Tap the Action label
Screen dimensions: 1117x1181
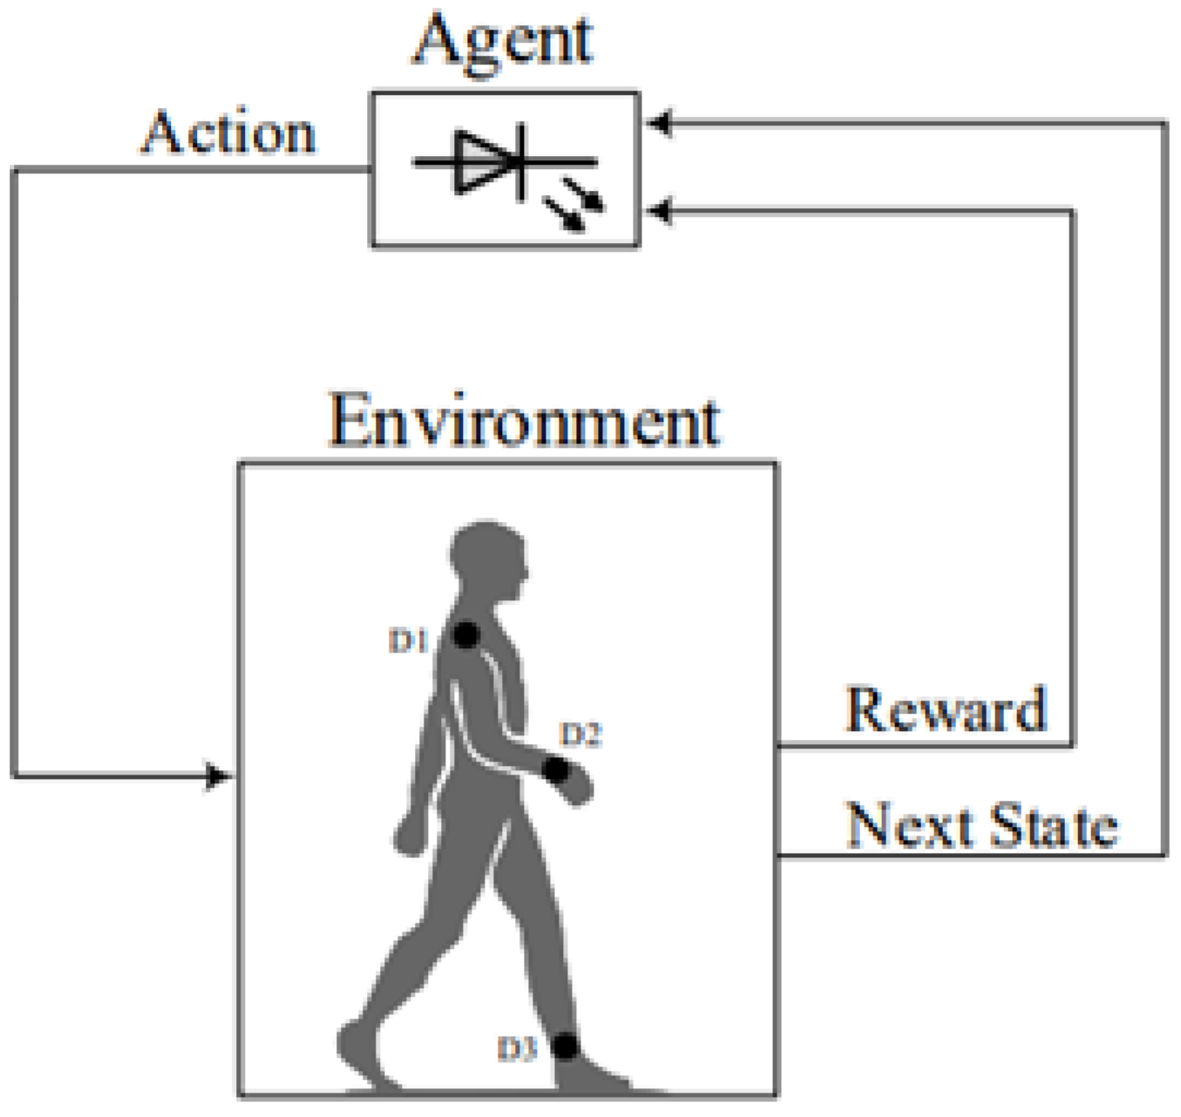228,133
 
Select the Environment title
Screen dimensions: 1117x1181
524,422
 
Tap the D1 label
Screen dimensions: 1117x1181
407,642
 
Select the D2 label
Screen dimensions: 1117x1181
580,735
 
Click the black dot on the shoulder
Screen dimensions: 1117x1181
466,635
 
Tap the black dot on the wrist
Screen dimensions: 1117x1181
555,769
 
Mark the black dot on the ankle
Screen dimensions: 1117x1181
565,1046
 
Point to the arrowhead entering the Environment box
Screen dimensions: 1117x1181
218,775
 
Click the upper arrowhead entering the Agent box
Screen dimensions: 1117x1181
658,124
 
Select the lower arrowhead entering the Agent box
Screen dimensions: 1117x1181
658,211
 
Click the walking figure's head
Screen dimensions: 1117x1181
488,558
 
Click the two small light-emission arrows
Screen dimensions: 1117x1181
575,205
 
